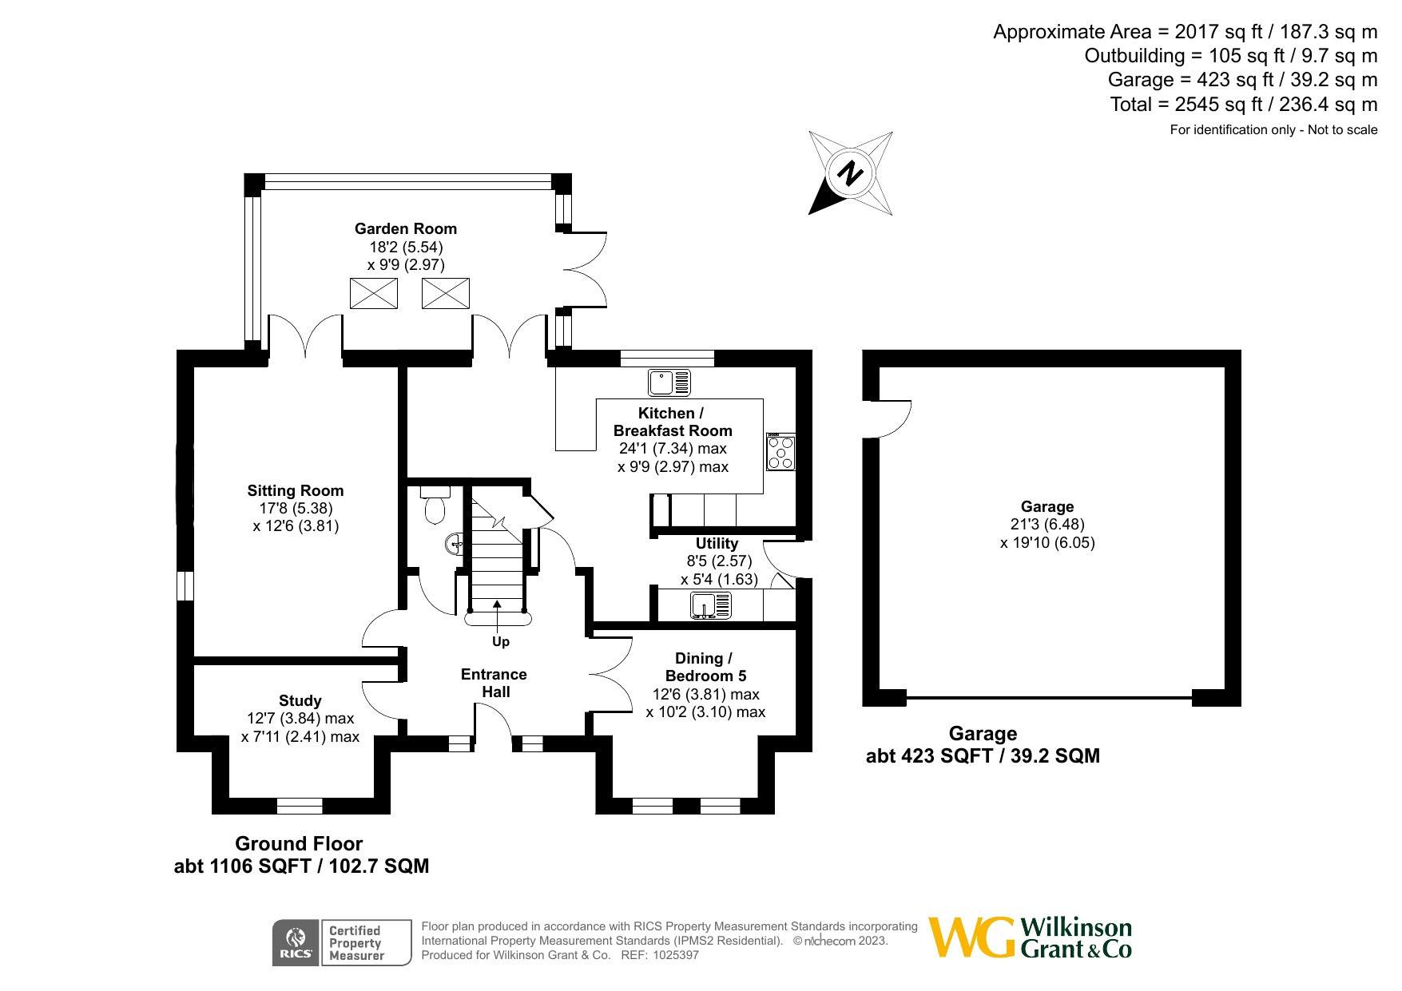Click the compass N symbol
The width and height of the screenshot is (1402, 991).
click(x=852, y=172)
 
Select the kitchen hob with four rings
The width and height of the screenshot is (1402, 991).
click(x=780, y=451)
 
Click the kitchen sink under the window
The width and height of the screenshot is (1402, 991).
click(x=669, y=383)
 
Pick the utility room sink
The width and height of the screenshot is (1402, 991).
click(x=711, y=606)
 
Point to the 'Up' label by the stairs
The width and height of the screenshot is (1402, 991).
click(x=501, y=641)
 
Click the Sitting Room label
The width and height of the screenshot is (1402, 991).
click(x=296, y=490)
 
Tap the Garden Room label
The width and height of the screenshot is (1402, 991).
click(x=406, y=228)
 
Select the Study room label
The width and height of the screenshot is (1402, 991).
click(x=300, y=700)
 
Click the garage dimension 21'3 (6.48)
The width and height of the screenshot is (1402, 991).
click(x=1047, y=525)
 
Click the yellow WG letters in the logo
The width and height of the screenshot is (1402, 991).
click(x=971, y=937)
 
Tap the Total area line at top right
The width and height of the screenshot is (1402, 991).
click(x=1244, y=105)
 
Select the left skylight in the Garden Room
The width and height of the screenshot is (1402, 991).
click(x=374, y=293)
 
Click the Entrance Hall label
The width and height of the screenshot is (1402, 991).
click(x=494, y=683)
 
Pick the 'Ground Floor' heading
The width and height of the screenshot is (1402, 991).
click(x=299, y=843)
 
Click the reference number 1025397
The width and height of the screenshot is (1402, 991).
click(x=676, y=955)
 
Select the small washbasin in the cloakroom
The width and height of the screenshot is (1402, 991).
click(x=453, y=545)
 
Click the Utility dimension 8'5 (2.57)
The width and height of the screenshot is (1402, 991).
click(x=716, y=561)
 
